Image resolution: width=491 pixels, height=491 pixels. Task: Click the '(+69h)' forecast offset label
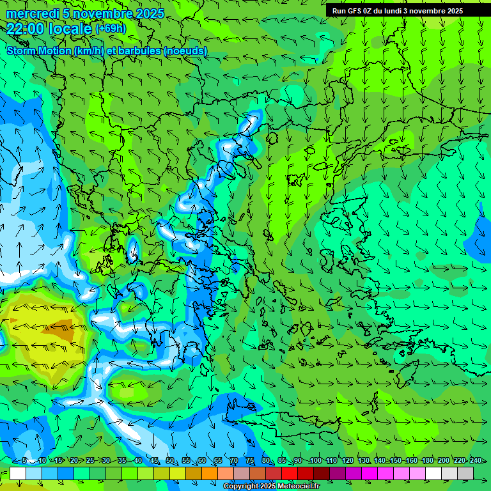point(111,28)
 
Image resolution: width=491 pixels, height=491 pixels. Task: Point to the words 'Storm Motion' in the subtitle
point(38,51)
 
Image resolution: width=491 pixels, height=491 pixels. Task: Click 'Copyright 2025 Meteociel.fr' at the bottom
point(271,487)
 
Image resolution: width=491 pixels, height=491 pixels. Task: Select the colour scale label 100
point(315,461)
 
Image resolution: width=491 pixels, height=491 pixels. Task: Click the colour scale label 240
point(476,461)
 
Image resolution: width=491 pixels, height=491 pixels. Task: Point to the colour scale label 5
point(24,461)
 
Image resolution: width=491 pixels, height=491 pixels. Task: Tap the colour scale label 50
point(170,461)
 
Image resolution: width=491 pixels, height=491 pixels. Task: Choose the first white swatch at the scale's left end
point(18,474)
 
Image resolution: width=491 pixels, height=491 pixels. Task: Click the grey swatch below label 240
point(465,474)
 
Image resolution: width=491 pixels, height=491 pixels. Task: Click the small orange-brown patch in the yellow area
point(63,333)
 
